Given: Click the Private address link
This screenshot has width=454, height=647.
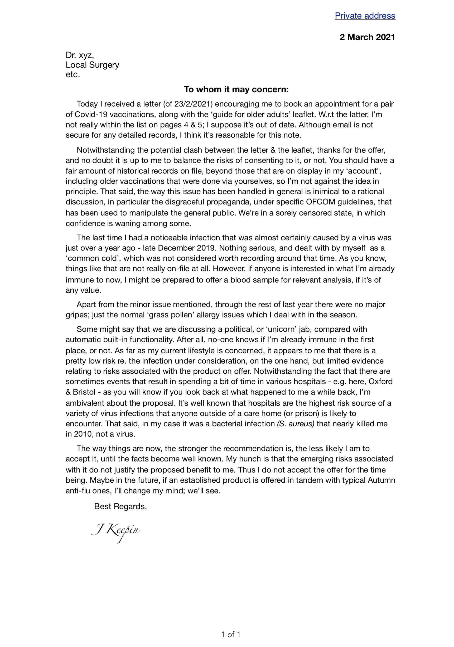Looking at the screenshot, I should (365, 16).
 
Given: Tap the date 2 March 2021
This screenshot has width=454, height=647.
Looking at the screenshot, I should (367, 37).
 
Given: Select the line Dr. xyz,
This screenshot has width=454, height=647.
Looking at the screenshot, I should (80, 55).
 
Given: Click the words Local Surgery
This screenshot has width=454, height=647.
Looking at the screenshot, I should (92, 65).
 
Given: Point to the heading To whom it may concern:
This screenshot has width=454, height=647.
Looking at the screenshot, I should (236, 89).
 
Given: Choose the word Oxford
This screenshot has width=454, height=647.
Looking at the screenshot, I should (380, 382).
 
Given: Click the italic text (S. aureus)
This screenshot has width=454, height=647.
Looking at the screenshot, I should (296, 424).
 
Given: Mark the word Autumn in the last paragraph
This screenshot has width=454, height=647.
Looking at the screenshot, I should (381, 480).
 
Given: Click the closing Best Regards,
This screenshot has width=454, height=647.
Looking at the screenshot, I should (120, 506).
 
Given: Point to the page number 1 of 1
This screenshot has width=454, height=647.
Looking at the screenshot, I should (231, 635).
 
